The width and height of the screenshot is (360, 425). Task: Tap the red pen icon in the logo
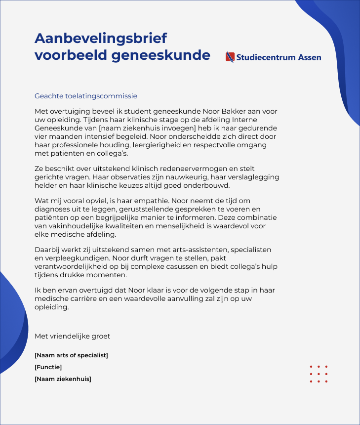point(230,57)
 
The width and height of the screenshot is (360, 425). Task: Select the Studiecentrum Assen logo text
point(279,57)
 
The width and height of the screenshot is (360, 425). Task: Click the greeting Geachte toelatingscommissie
point(86,96)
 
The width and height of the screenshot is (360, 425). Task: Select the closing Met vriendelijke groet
point(72,336)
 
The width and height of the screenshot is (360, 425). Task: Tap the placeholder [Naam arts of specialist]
point(71,355)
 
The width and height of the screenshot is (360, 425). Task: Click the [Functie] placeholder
point(48,367)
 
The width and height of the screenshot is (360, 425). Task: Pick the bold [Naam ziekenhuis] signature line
point(63,379)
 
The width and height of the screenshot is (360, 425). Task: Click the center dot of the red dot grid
point(319,374)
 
